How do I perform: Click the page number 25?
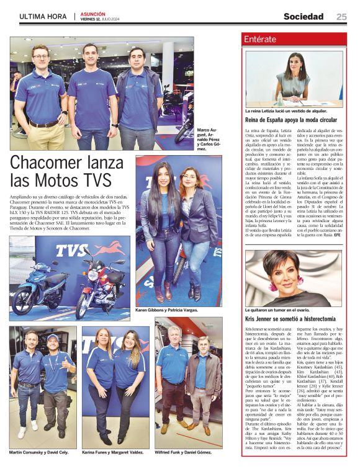tap(341, 17)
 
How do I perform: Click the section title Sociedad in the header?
tap(303, 17)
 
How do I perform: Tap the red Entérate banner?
tap(292, 40)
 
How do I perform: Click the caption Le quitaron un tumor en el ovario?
tap(277, 309)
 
